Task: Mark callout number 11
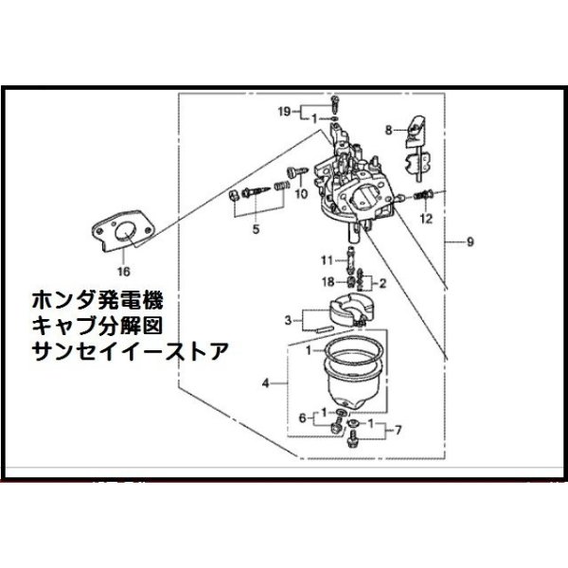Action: (324, 259)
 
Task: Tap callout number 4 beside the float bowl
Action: (267, 383)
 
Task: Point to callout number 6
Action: (304, 417)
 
